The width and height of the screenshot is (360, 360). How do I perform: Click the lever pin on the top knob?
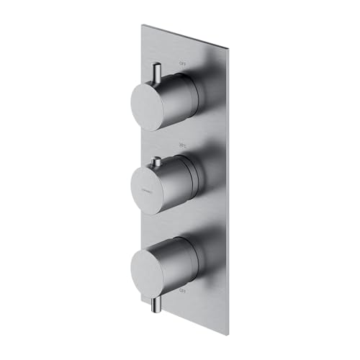tap(156, 73)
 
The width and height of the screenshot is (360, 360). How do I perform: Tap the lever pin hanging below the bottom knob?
tap(156, 303)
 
